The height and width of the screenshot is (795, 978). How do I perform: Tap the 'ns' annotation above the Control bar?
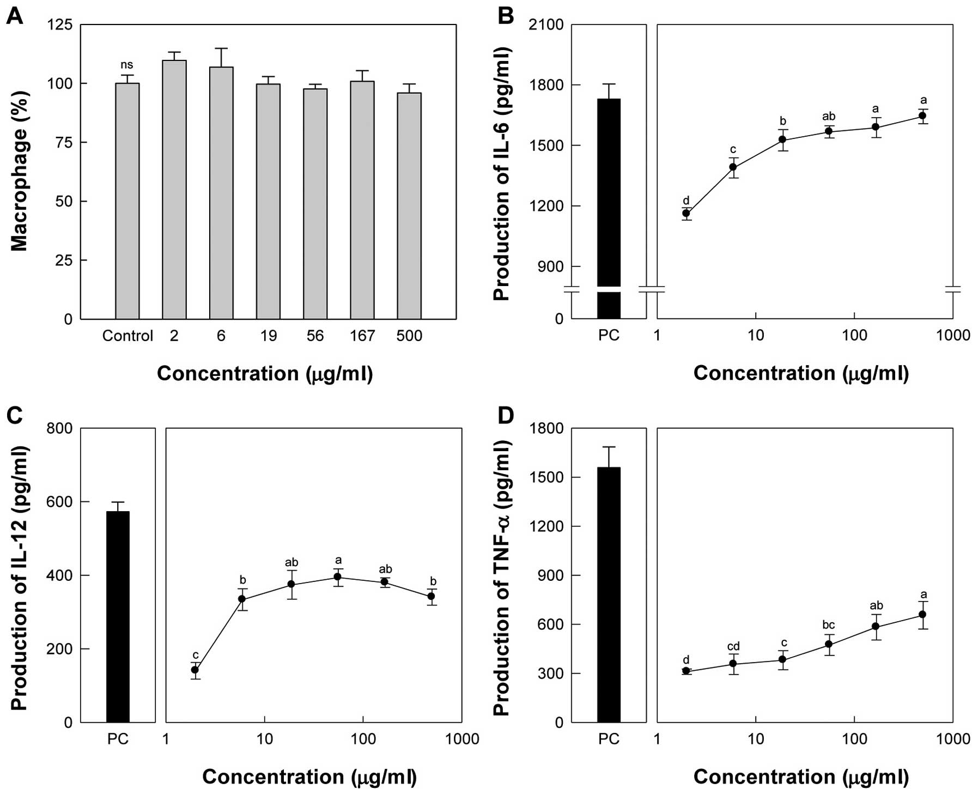[127, 65]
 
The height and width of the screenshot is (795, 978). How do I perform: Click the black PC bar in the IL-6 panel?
[609, 207]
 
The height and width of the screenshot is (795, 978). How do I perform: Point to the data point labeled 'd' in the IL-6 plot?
[686, 213]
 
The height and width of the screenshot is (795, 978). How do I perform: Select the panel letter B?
[506, 16]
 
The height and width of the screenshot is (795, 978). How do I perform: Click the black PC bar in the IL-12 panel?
[118, 616]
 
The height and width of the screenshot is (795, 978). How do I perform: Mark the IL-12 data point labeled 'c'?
[195, 670]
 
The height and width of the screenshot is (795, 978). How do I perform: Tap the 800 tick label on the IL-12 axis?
[59, 428]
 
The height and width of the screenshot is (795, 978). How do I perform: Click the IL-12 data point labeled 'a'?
[338, 577]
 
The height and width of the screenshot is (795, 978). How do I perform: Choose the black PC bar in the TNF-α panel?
[609, 594]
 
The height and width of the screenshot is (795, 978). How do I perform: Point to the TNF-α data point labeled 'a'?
[922, 614]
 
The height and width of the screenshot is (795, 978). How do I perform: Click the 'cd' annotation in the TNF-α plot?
[733, 647]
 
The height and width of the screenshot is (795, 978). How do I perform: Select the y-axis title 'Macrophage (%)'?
[20, 171]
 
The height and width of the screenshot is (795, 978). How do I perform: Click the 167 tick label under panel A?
[362, 336]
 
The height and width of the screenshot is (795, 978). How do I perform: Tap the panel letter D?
[506, 416]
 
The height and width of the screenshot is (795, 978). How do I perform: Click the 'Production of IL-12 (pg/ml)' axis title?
[20, 578]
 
